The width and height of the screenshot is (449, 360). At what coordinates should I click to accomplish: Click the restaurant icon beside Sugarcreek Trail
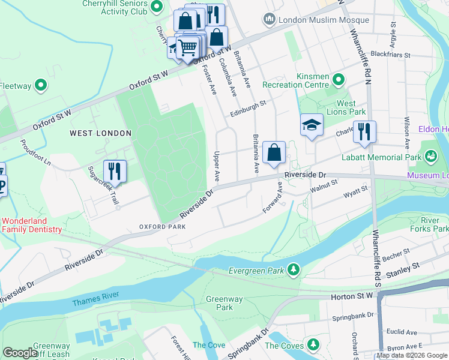(114, 171)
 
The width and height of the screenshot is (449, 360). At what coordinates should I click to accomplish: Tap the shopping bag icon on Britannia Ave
(274, 153)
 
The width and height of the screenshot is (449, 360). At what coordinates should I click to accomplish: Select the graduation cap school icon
(311, 125)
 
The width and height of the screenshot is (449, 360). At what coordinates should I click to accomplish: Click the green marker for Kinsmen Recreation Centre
(339, 79)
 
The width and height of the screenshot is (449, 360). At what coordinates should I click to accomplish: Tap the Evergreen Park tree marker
(294, 270)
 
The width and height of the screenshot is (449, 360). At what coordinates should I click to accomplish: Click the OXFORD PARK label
(163, 227)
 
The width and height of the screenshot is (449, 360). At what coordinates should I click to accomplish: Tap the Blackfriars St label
(390, 55)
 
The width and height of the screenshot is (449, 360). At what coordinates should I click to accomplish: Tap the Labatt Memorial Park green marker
(430, 157)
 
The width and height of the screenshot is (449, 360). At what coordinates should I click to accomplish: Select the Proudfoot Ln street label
(35, 154)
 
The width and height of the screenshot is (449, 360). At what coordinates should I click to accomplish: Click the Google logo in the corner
(19, 353)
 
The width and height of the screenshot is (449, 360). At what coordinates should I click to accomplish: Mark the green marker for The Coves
(313, 345)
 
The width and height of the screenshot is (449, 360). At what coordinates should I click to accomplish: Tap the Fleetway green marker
(41, 86)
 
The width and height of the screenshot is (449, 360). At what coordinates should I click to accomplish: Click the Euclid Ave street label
(403, 332)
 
